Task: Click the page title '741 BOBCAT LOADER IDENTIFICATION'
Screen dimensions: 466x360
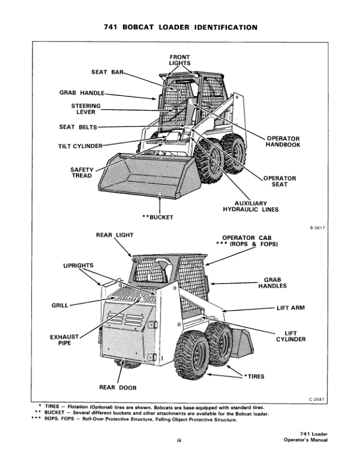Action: point(181,27)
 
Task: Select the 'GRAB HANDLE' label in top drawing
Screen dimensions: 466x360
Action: point(81,92)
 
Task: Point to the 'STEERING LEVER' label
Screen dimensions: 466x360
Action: point(85,109)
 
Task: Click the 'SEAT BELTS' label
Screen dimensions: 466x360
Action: point(78,127)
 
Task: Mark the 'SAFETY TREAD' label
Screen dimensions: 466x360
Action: point(82,174)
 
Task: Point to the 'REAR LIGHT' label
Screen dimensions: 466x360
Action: point(115,235)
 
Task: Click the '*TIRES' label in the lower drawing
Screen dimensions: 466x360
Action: point(254,375)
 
